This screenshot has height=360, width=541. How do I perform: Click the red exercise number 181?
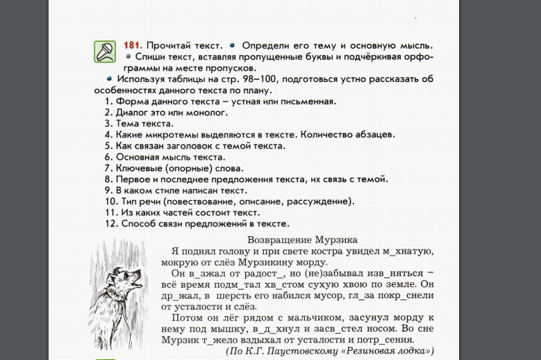[x=134, y=46]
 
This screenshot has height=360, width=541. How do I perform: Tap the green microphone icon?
[x=105, y=51]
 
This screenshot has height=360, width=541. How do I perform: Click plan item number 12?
[x=110, y=224]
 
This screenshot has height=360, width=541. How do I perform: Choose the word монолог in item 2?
[x=206, y=113]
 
